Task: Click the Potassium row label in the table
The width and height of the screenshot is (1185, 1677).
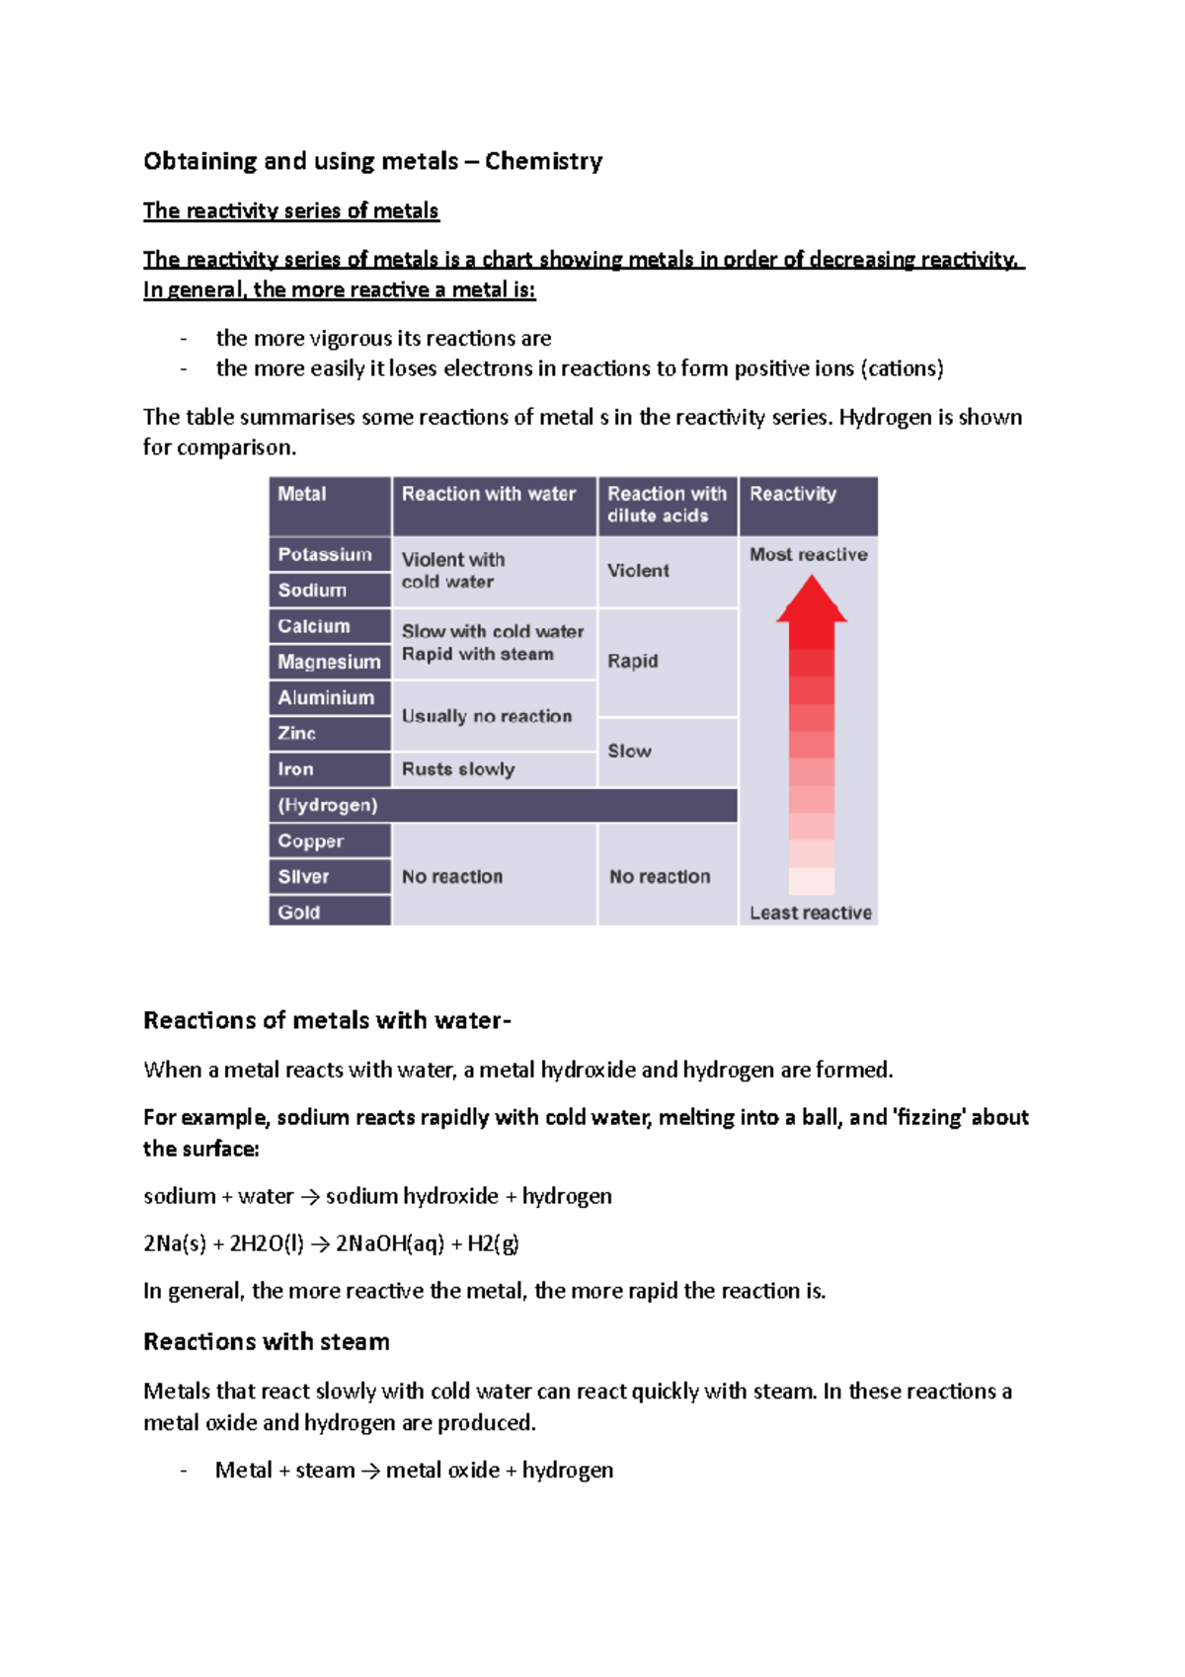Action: click(325, 554)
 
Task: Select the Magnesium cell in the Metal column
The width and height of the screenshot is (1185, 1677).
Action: click(329, 662)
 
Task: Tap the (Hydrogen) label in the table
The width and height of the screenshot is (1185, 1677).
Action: click(328, 805)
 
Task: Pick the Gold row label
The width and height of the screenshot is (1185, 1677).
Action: click(299, 912)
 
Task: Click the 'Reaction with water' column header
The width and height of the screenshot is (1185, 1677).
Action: click(488, 494)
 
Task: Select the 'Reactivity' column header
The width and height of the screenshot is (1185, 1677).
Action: click(792, 494)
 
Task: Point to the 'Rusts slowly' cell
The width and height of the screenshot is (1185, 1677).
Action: click(458, 769)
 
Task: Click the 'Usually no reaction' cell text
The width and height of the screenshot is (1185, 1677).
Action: click(487, 716)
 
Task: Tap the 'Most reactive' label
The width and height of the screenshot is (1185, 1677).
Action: click(808, 555)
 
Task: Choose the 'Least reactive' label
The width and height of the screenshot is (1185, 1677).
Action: click(810, 913)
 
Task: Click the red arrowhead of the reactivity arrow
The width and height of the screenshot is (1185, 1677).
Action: click(812, 600)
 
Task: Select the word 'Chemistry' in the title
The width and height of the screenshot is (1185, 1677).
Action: click(543, 161)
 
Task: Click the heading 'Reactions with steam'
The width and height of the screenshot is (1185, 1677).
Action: click(267, 1342)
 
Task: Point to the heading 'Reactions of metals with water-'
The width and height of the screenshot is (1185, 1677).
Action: click(327, 1020)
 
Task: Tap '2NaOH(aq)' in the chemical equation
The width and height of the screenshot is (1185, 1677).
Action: click(390, 1243)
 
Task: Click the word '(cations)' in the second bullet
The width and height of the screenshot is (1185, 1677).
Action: click(902, 368)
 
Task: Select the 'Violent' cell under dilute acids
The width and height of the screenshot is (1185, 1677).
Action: click(638, 571)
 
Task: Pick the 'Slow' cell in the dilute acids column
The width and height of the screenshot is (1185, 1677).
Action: click(629, 751)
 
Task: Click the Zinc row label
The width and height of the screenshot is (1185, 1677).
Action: click(297, 733)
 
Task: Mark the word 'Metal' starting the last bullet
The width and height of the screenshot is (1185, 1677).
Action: click(244, 1471)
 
